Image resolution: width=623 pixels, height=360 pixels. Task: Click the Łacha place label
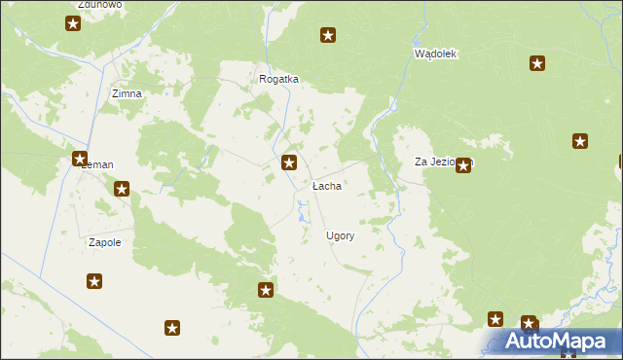(x=327, y=185)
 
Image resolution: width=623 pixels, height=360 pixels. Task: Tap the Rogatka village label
(x=278, y=79)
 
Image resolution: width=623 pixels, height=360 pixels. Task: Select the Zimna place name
(x=127, y=93)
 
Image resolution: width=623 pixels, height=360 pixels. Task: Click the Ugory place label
(x=340, y=235)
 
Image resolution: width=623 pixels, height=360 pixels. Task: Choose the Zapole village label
(x=104, y=242)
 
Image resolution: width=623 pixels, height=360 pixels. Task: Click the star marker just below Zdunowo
(x=73, y=22)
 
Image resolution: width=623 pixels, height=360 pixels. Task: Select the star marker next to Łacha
(x=289, y=162)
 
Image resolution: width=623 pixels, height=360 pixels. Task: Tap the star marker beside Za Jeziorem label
(x=463, y=165)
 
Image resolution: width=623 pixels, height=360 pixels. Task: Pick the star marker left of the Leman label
(x=79, y=159)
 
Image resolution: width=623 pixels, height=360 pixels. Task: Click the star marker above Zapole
(x=122, y=190)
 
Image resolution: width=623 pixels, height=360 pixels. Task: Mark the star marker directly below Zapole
(x=94, y=282)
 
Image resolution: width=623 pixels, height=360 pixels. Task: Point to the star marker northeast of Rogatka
(x=328, y=36)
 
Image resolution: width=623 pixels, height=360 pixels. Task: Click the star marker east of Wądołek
(x=536, y=63)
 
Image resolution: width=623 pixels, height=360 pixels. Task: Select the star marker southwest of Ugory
(x=265, y=290)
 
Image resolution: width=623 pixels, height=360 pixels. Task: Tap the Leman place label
(x=99, y=165)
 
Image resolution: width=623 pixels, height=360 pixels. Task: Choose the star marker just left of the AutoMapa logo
(x=495, y=319)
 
